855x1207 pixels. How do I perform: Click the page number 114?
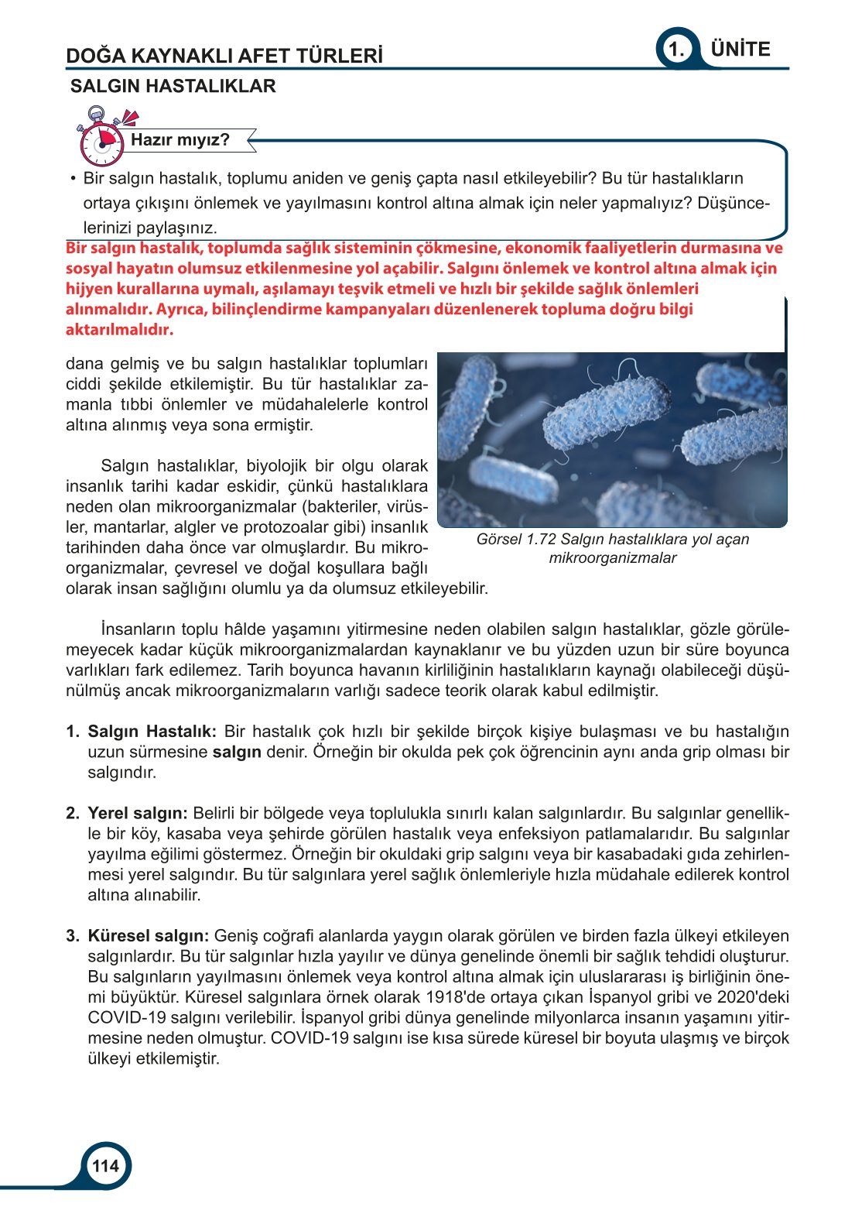pyautogui.click(x=105, y=1166)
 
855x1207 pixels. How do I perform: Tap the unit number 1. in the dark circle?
pyautogui.click(x=677, y=50)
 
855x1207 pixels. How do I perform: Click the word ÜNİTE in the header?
pyautogui.click(x=740, y=50)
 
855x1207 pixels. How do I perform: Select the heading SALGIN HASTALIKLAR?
pyautogui.click(x=173, y=86)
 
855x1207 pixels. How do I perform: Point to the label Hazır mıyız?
pyautogui.click(x=180, y=140)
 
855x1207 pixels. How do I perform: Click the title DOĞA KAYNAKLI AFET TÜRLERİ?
pyautogui.click(x=224, y=56)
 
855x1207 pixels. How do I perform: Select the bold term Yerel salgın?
pyautogui.click(x=138, y=814)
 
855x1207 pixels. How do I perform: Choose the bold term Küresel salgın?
pyautogui.click(x=149, y=936)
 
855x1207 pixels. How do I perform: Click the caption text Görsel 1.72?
pyautogui.click(x=516, y=540)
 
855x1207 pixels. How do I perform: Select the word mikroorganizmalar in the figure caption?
pyautogui.click(x=612, y=558)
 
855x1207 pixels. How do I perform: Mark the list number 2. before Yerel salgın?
pyautogui.click(x=73, y=814)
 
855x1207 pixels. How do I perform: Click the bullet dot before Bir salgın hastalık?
pyautogui.click(x=73, y=179)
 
